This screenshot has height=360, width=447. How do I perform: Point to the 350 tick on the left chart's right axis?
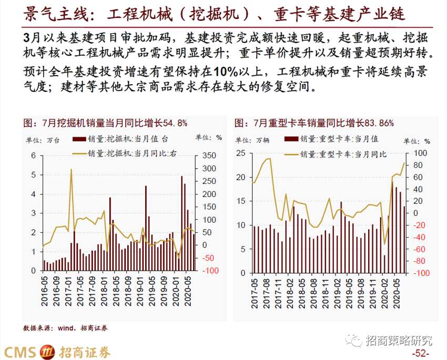coord(208,156)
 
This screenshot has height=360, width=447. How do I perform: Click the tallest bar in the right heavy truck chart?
coord(392,228)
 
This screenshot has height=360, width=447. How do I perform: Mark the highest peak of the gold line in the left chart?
coord(71,170)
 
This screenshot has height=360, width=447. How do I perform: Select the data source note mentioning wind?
coord(65,328)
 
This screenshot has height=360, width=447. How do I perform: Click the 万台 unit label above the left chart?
coord(51,139)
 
